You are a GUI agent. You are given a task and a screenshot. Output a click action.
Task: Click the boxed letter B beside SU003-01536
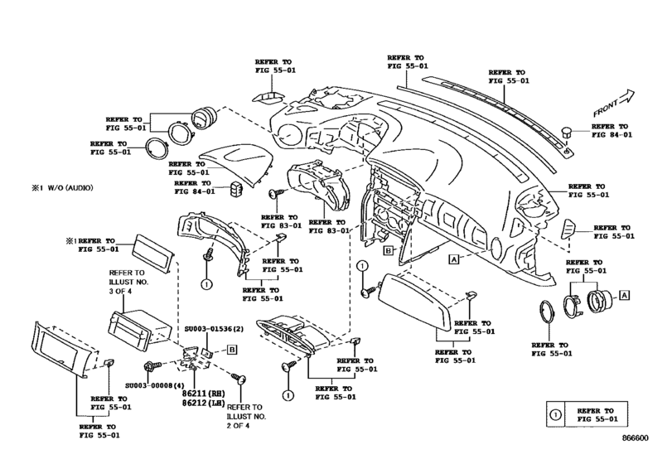click(x=233, y=350)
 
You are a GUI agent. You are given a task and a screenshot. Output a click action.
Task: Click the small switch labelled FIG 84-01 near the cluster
click(x=241, y=188)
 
